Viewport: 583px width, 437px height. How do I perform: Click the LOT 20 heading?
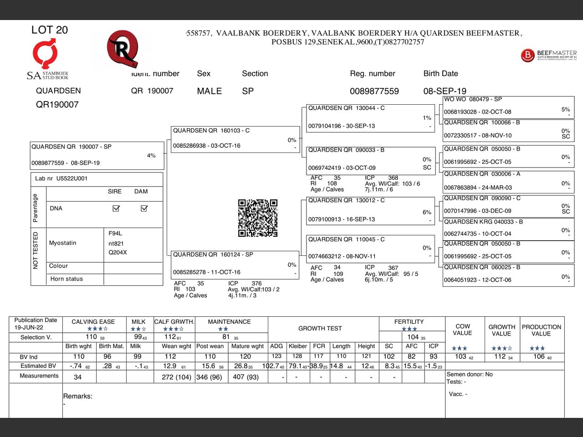(49, 30)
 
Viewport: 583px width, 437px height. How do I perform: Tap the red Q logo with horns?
(122, 48)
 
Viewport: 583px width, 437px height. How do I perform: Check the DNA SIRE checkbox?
(116, 208)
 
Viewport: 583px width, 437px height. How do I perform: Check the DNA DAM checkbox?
(144, 208)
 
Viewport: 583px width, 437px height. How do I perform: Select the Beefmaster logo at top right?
(548, 55)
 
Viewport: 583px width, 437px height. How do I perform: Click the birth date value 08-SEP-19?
(445, 91)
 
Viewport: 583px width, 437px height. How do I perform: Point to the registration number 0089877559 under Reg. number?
(374, 91)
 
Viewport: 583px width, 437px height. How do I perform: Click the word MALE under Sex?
(209, 91)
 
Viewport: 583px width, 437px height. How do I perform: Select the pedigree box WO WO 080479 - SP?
(508, 107)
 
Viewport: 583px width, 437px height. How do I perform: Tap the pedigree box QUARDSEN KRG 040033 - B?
(508, 228)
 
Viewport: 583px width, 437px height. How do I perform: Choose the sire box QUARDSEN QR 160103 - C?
(235, 139)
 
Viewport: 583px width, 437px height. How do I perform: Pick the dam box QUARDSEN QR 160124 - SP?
(235, 264)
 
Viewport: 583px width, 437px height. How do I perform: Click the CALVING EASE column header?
(93, 322)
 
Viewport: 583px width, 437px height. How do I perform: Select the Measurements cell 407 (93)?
(246, 377)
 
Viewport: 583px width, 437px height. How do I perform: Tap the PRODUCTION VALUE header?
(541, 330)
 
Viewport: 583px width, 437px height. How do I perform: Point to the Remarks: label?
(78, 396)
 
